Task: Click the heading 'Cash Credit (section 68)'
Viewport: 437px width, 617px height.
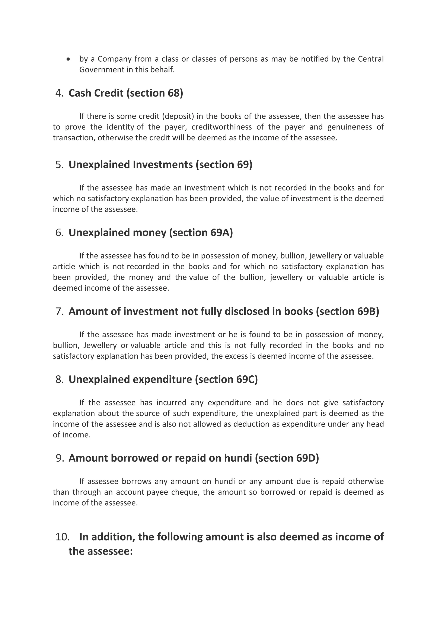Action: (126, 93)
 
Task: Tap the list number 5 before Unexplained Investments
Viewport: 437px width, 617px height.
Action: (59, 164)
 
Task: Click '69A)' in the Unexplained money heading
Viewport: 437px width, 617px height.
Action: (221, 232)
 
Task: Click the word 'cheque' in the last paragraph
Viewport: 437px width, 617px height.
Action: (185, 492)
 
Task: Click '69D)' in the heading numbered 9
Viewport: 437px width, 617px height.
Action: (307, 458)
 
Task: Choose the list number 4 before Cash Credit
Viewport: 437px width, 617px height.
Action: (59, 93)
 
